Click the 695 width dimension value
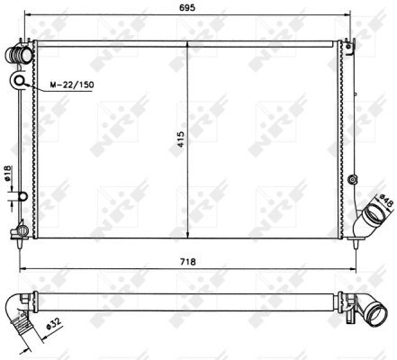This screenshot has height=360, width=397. pyautogui.click(x=187, y=7)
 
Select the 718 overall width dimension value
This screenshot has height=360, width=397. pyautogui.click(x=188, y=262)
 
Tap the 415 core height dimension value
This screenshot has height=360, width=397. pyautogui.click(x=181, y=139)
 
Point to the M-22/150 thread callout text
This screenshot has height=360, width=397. pyautogui.click(x=72, y=85)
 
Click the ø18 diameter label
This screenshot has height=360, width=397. pyautogui.click(x=7, y=174)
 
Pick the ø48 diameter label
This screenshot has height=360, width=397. pyautogui.click(x=386, y=200)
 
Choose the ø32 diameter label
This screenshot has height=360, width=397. pyautogui.click(x=54, y=324)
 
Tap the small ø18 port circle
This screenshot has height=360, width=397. pyautogui.click(x=23, y=196)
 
